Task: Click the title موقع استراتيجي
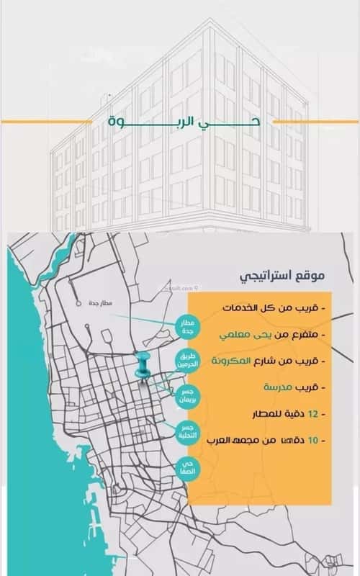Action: pyautogui.click(x=283, y=275)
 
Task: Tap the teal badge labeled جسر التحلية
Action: pyautogui.click(x=189, y=431)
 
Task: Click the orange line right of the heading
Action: pyautogui.click(x=310, y=121)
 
